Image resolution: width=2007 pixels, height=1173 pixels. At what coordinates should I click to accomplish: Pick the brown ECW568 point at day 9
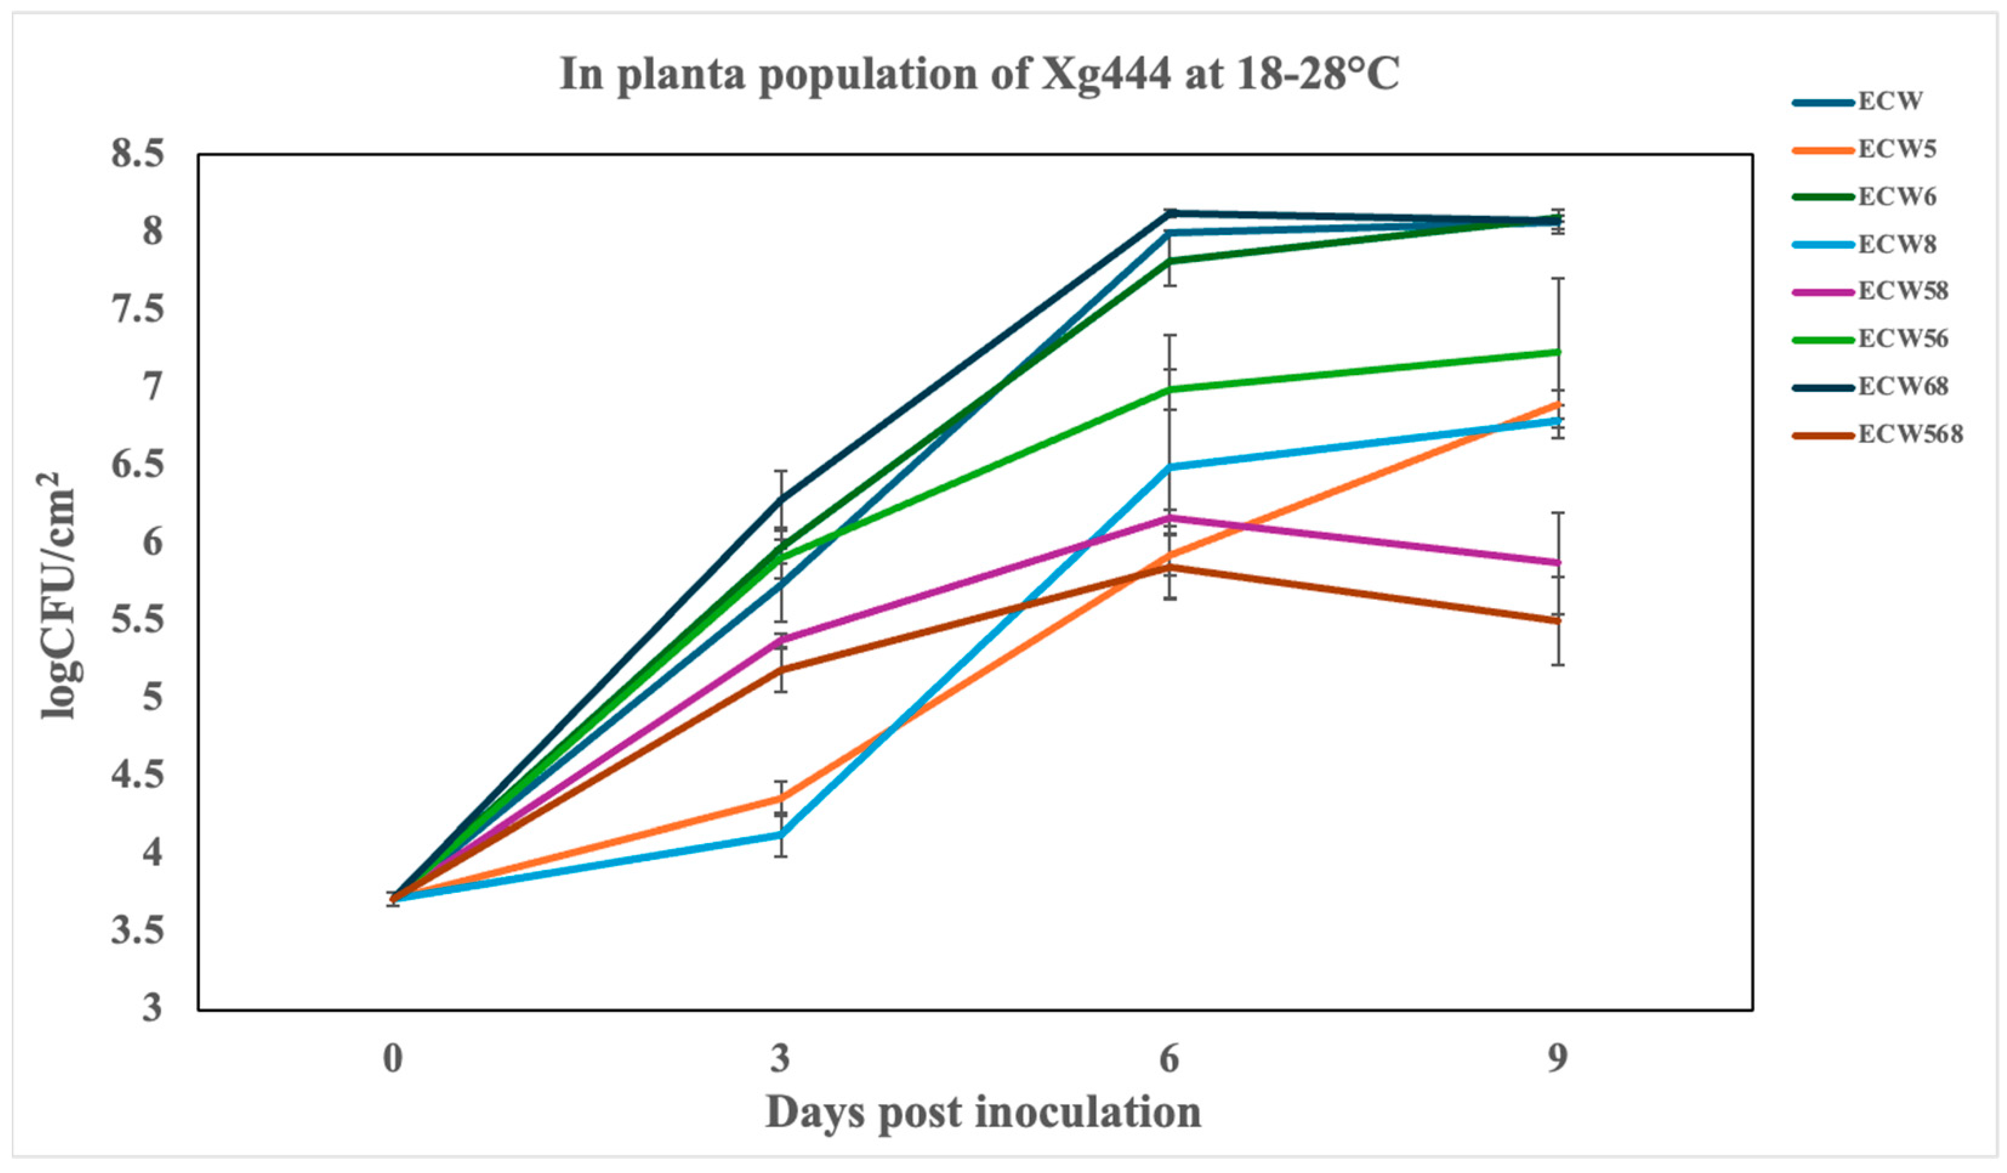[1557, 621]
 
